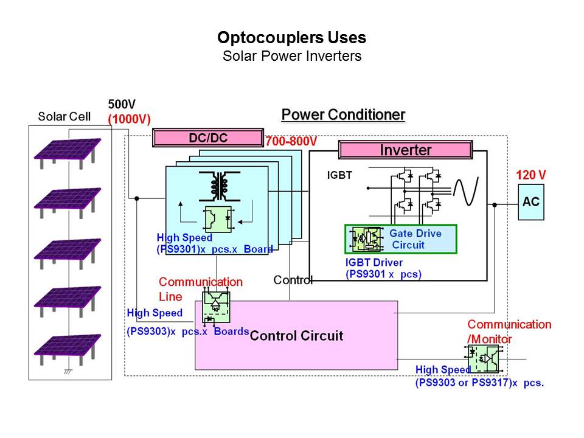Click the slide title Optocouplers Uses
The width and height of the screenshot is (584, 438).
tap(291, 38)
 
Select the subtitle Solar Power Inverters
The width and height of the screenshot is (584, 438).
tap(291, 57)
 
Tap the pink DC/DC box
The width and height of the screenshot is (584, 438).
tap(207, 138)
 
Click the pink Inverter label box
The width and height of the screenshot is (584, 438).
tap(405, 150)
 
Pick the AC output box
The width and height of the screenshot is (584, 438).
tap(530, 202)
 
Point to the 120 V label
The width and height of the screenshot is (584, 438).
tap(530, 175)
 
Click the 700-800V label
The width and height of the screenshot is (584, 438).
tap(291, 142)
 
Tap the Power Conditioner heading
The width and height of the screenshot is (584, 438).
tap(343, 115)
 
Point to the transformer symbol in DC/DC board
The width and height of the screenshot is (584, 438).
tap(217, 186)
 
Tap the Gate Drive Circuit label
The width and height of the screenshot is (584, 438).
tap(415, 239)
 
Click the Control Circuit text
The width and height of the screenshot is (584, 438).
tap(296, 336)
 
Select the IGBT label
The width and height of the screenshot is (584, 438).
tap(339, 176)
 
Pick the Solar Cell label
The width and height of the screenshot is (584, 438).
tap(64, 116)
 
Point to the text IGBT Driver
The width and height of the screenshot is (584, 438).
tap(374, 263)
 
